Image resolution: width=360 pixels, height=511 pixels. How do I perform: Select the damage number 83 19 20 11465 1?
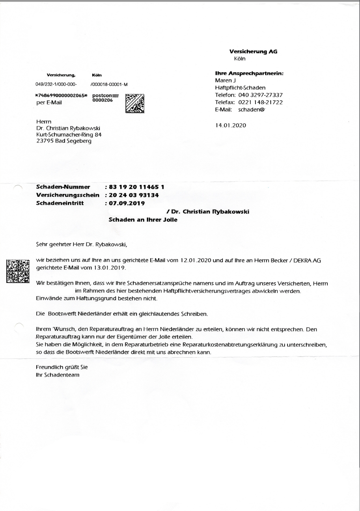[137, 186]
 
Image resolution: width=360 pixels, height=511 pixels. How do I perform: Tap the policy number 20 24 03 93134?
[134, 195]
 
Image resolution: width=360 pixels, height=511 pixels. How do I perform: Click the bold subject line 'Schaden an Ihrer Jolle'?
[143, 220]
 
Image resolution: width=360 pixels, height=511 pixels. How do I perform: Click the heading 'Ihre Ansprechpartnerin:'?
[249, 73]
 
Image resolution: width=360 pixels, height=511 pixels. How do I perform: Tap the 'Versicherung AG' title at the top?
[250, 52]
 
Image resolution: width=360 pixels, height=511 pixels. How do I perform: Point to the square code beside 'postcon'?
[134, 104]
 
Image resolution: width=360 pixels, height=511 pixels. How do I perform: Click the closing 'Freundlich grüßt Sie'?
[62, 367]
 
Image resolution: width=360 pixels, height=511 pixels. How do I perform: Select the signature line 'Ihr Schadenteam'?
[58, 375]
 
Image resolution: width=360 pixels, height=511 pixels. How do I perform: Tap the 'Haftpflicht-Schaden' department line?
[240, 88]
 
